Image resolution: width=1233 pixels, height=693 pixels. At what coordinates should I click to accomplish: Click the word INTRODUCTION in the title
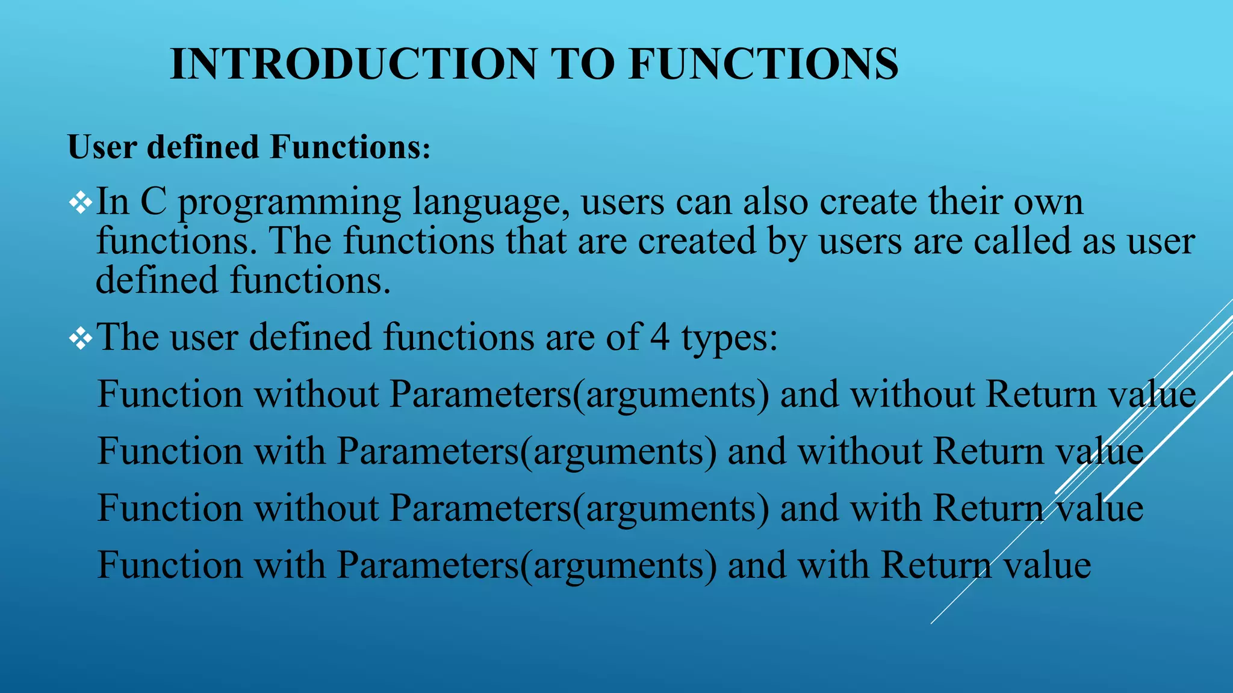(353, 64)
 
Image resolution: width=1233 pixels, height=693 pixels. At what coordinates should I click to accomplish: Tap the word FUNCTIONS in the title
(763, 64)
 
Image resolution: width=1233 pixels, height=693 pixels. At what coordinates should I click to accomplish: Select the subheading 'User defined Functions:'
(249, 147)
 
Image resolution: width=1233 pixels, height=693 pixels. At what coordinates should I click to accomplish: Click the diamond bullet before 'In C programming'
(81, 203)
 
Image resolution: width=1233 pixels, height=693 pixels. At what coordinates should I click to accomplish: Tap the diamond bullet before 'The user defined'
(81, 339)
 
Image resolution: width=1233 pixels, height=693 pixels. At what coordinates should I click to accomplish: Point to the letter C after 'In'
(153, 202)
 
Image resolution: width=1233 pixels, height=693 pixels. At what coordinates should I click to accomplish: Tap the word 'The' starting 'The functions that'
(299, 241)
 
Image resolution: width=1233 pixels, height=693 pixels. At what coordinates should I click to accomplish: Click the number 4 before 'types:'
(660, 337)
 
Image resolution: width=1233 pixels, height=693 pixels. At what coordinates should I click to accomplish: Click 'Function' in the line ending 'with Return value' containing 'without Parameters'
(170, 508)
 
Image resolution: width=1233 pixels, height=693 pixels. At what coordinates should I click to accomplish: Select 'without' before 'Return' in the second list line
(860, 452)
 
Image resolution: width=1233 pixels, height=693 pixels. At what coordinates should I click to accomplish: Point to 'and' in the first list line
(809, 395)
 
